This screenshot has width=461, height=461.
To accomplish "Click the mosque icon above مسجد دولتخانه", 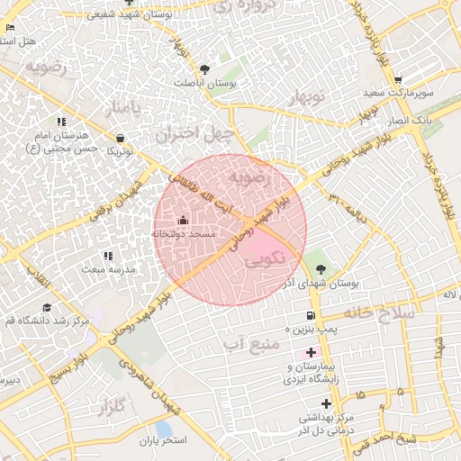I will click(x=183, y=220).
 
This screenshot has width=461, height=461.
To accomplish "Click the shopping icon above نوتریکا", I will click(x=121, y=138).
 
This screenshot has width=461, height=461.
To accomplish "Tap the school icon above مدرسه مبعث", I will click(x=109, y=257).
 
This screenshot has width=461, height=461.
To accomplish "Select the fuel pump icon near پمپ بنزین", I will click(x=311, y=316).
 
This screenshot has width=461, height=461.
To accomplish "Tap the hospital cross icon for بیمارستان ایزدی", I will click(x=311, y=352).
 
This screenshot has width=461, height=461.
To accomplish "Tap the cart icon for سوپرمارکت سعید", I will click(x=397, y=79).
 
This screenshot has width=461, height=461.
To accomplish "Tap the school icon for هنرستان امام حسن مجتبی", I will click(x=61, y=122).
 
